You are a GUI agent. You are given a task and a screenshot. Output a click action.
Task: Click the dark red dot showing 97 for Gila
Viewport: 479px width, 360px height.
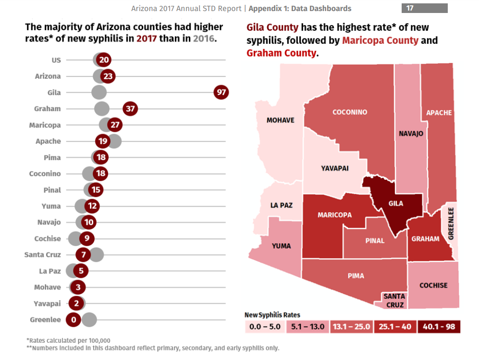click(221, 93)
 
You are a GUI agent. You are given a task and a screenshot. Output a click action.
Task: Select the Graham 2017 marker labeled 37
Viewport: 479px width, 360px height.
click(130, 109)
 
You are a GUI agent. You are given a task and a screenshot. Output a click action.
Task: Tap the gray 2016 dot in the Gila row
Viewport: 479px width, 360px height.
click(98, 93)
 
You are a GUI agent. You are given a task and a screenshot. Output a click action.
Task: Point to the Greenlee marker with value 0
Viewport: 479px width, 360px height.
click(74, 320)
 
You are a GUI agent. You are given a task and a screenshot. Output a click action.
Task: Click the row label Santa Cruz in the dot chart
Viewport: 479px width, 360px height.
click(43, 255)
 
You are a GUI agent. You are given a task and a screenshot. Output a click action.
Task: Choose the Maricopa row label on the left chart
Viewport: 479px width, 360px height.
click(45, 125)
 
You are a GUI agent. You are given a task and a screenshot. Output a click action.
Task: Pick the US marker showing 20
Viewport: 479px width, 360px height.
click(104, 60)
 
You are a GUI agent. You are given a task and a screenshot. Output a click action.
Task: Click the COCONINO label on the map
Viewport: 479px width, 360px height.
click(350, 112)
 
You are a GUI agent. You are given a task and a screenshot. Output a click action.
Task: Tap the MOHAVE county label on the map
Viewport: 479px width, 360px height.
click(281, 120)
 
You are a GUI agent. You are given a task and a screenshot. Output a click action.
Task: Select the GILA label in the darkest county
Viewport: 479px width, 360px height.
click(395, 203)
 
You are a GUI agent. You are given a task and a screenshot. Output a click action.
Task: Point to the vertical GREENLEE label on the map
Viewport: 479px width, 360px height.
click(451, 223)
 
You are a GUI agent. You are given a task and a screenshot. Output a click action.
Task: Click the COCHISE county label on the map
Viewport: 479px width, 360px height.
click(433, 286)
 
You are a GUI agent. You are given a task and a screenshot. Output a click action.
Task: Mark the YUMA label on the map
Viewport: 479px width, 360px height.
click(281, 246)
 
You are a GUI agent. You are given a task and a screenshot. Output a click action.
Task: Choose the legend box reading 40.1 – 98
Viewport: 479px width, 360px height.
click(439, 327)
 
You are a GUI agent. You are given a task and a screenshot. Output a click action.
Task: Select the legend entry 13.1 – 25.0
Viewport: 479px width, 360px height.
click(352, 327)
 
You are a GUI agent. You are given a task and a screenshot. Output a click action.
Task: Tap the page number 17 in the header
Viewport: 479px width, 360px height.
click(410, 8)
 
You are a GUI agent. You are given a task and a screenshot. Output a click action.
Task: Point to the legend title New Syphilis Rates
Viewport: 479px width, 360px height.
click(272, 315)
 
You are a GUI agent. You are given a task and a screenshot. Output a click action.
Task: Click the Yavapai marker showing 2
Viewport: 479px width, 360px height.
click(76, 303)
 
